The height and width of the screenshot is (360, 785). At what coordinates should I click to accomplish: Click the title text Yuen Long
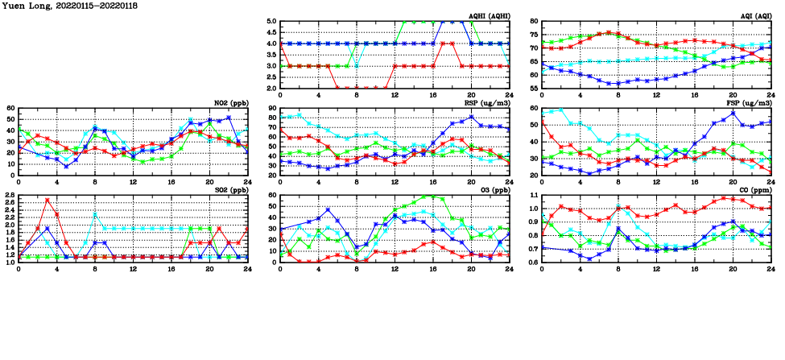(x=27, y=6)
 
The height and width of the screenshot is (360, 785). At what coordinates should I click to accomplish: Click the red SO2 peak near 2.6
(x=48, y=200)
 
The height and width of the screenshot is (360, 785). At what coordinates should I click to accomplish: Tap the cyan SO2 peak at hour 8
(x=95, y=213)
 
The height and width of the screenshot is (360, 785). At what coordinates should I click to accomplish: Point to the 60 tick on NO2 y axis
(x=10, y=108)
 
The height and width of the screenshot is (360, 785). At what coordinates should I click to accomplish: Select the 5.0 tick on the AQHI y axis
(x=271, y=22)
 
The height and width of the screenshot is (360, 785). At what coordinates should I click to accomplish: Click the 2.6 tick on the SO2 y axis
(x=9, y=200)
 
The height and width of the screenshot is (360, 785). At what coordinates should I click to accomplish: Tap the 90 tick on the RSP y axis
(x=272, y=108)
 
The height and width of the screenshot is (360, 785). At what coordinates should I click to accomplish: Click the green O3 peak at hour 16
(x=432, y=196)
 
